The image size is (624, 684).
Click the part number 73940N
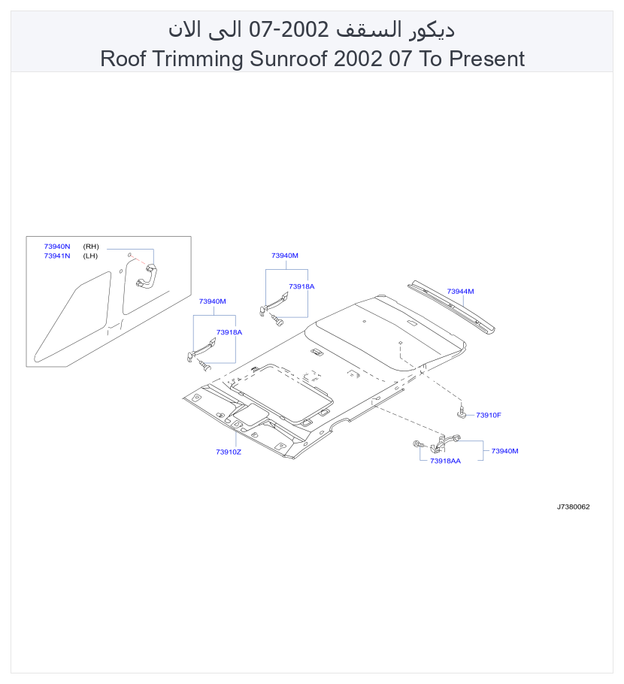click(x=56, y=247)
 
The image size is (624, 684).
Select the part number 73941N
click(x=56, y=256)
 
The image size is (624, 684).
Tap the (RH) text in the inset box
click(x=91, y=247)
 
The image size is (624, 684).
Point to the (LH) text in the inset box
click(x=90, y=256)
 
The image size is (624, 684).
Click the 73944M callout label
click(x=460, y=292)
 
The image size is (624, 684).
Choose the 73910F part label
click(x=488, y=415)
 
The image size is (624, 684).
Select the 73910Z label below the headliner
click(x=229, y=452)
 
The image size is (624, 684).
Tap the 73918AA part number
click(x=445, y=461)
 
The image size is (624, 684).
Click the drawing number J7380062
click(x=573, y=507)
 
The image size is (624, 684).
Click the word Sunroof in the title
click(x=289, y=59)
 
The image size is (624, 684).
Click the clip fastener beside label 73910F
click(x=462, y=411)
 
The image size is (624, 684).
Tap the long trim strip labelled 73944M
click(x=451, y=307)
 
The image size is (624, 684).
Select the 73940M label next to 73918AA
click(x=505, y=451)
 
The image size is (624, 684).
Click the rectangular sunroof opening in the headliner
click(x=281, y=392)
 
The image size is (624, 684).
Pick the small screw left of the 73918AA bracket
click(x=418, y=444)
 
